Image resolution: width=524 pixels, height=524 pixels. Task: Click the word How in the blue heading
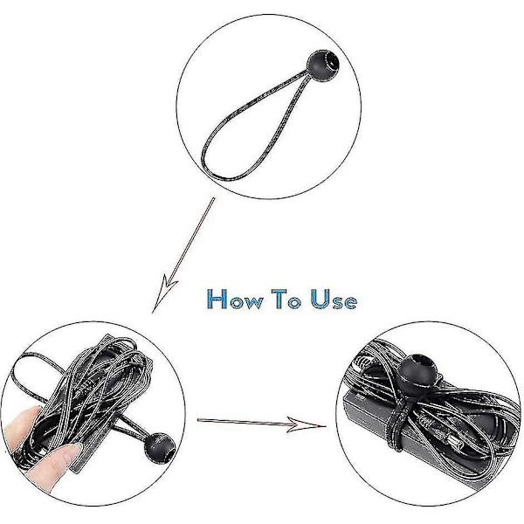[235, 299]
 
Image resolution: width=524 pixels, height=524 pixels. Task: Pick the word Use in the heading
[334, 299]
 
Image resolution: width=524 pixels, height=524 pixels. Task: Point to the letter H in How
[217, 299]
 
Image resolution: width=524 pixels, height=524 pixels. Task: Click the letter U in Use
[321, 299]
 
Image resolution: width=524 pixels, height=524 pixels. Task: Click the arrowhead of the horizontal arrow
[306, 424]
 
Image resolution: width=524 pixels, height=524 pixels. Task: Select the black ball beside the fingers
[160, 448]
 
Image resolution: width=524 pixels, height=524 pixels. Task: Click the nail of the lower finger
[72, 453]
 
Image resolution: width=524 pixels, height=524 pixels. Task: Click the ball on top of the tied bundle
[417, 374]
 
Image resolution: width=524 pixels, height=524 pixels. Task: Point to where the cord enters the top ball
[308, 71]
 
